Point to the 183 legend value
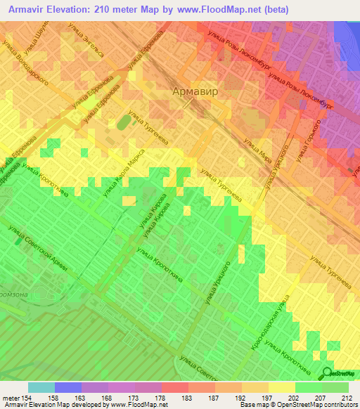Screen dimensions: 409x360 tap(186, 396)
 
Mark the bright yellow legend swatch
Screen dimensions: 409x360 tap(281, 387)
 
